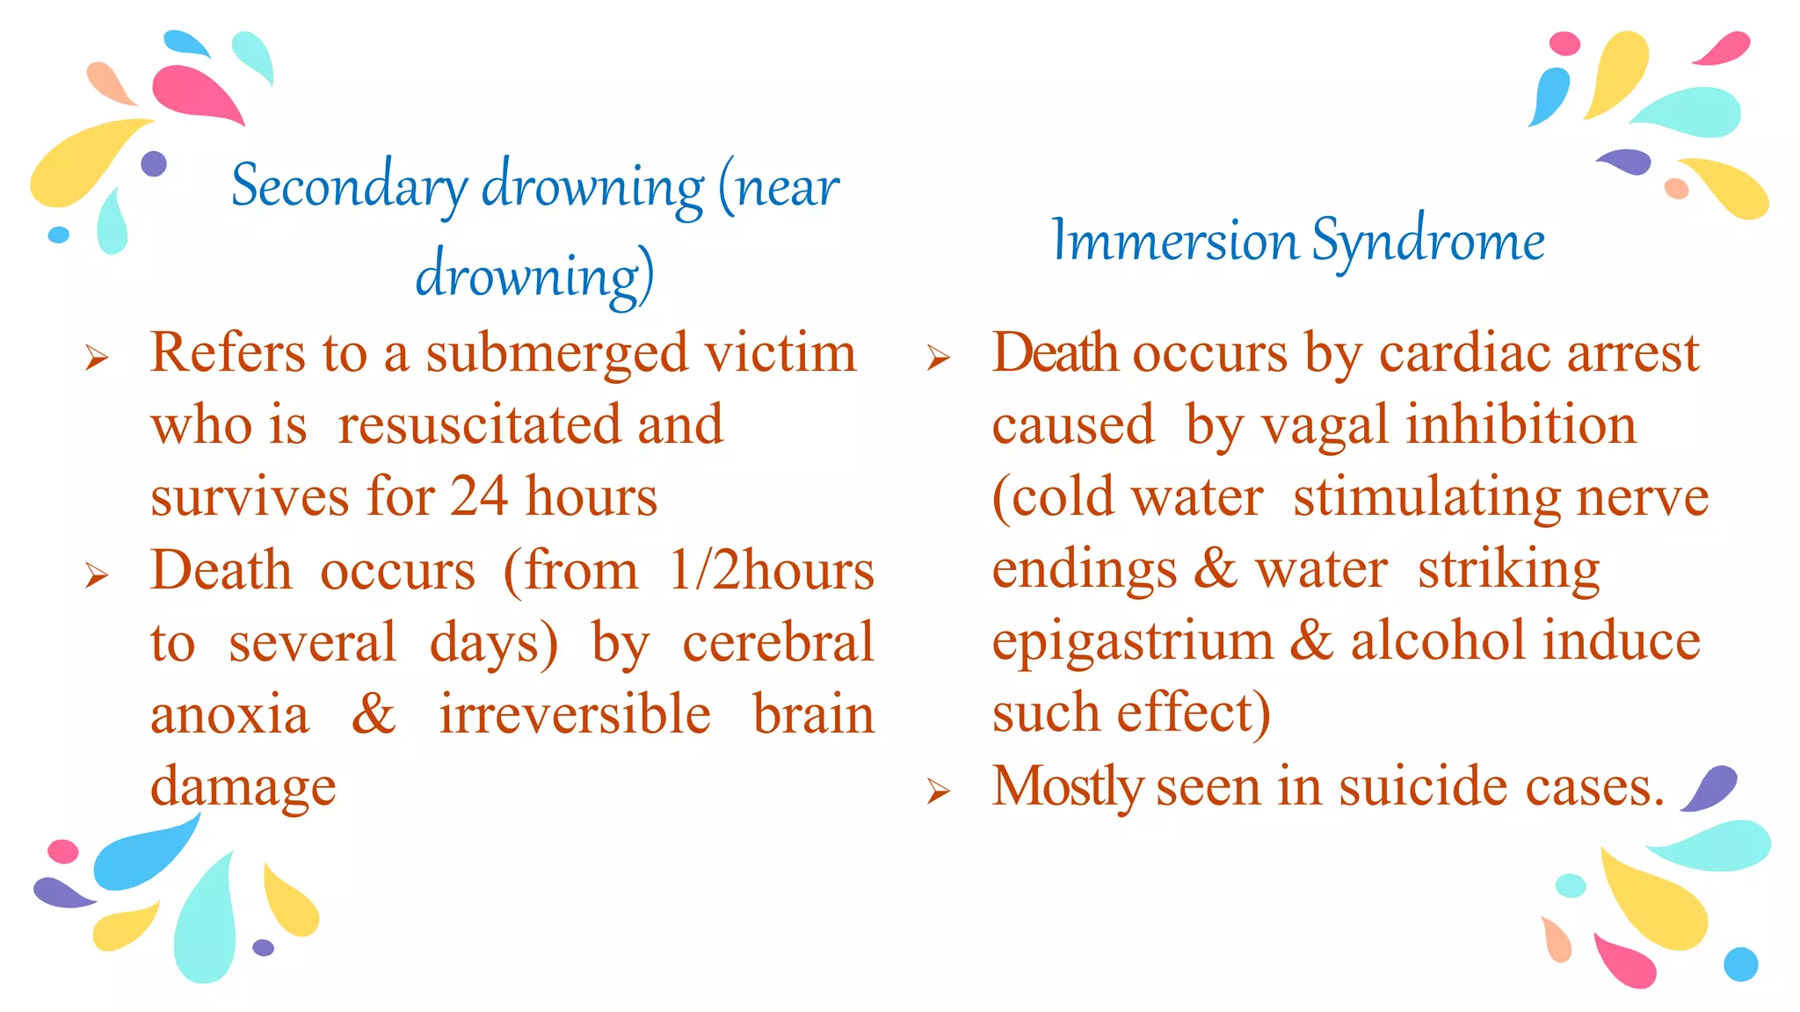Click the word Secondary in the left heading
point(350,186)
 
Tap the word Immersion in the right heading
point(1174,240)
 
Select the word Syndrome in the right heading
point(1428,242)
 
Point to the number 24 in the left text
point(479,496)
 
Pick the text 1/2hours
point(771,571)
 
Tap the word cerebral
point(778,642)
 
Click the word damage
point(243,786)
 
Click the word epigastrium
point(1132,642)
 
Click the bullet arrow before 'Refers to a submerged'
point(97,358)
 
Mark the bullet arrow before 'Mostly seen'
point(939,792)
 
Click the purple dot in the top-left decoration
point(154,163)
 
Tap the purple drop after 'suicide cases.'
point(1709,787)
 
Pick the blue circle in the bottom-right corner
point(1740,964)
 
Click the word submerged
point(556,353)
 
